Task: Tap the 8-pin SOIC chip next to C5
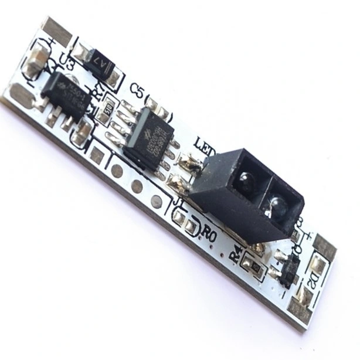150,139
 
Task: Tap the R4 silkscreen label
237,253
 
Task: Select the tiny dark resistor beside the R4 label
256,265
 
